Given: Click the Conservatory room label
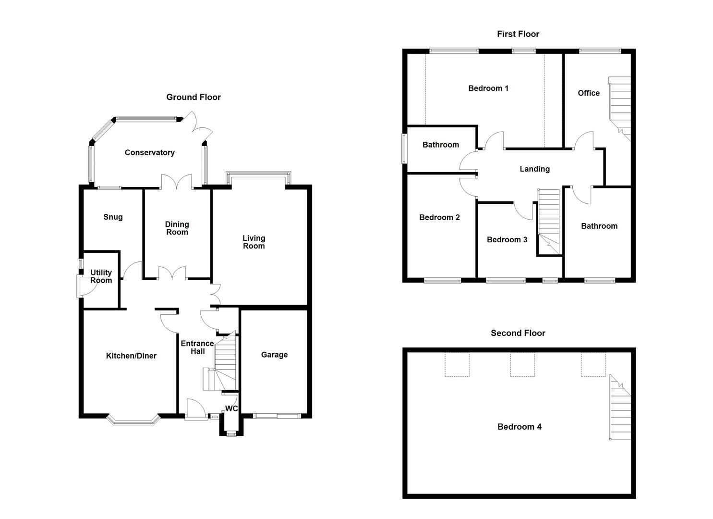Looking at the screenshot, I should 149,153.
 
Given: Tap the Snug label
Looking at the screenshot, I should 113,217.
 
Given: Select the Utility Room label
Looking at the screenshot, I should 101,276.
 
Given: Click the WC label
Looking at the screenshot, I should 231,409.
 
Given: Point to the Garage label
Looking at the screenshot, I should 274,355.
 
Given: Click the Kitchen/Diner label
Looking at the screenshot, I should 131,356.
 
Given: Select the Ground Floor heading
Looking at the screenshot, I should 193,97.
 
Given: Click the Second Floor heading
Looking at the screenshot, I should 518,333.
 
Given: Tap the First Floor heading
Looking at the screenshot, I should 518,34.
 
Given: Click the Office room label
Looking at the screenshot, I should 588,93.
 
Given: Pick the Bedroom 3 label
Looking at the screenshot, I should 507,240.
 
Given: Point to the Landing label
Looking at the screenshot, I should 534,169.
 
